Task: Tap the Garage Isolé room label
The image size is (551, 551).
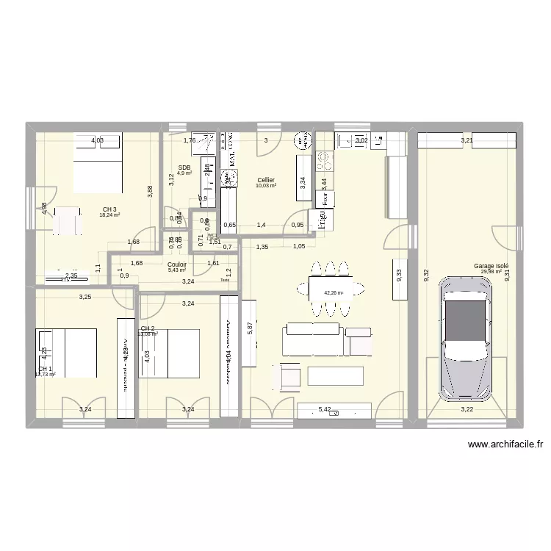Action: coord(491,266)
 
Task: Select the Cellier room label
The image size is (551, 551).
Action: coord(266,179)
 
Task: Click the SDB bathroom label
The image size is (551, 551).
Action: coord(184,168)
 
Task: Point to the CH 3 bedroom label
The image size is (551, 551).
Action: coord(109,209)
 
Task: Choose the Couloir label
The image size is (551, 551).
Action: coord(176,264)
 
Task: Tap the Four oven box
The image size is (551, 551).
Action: coord(324,198)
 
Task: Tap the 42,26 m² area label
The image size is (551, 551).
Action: coord(333,292)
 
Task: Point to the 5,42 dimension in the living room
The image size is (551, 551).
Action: coord(325,410)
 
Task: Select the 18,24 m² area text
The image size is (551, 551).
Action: coord(109,216)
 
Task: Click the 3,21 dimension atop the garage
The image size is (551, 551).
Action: coord(467,140)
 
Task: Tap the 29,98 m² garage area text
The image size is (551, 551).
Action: coord(491,272)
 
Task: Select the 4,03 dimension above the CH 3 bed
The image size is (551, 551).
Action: coord(97,140)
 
